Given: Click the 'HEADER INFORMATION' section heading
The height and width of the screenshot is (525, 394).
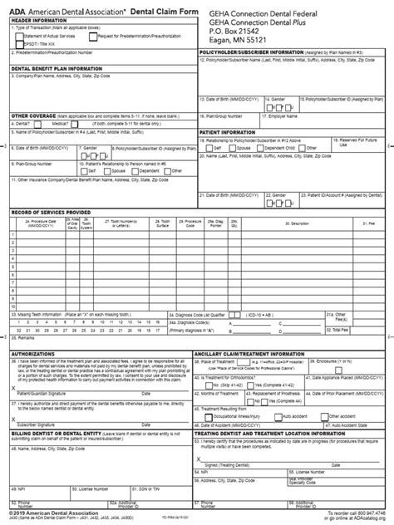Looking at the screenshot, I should (x=37, y=21).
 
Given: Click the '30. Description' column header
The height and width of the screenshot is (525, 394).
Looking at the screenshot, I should (x=300, y=224).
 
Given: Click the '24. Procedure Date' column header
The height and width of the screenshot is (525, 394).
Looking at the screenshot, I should (x=42, y=224).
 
